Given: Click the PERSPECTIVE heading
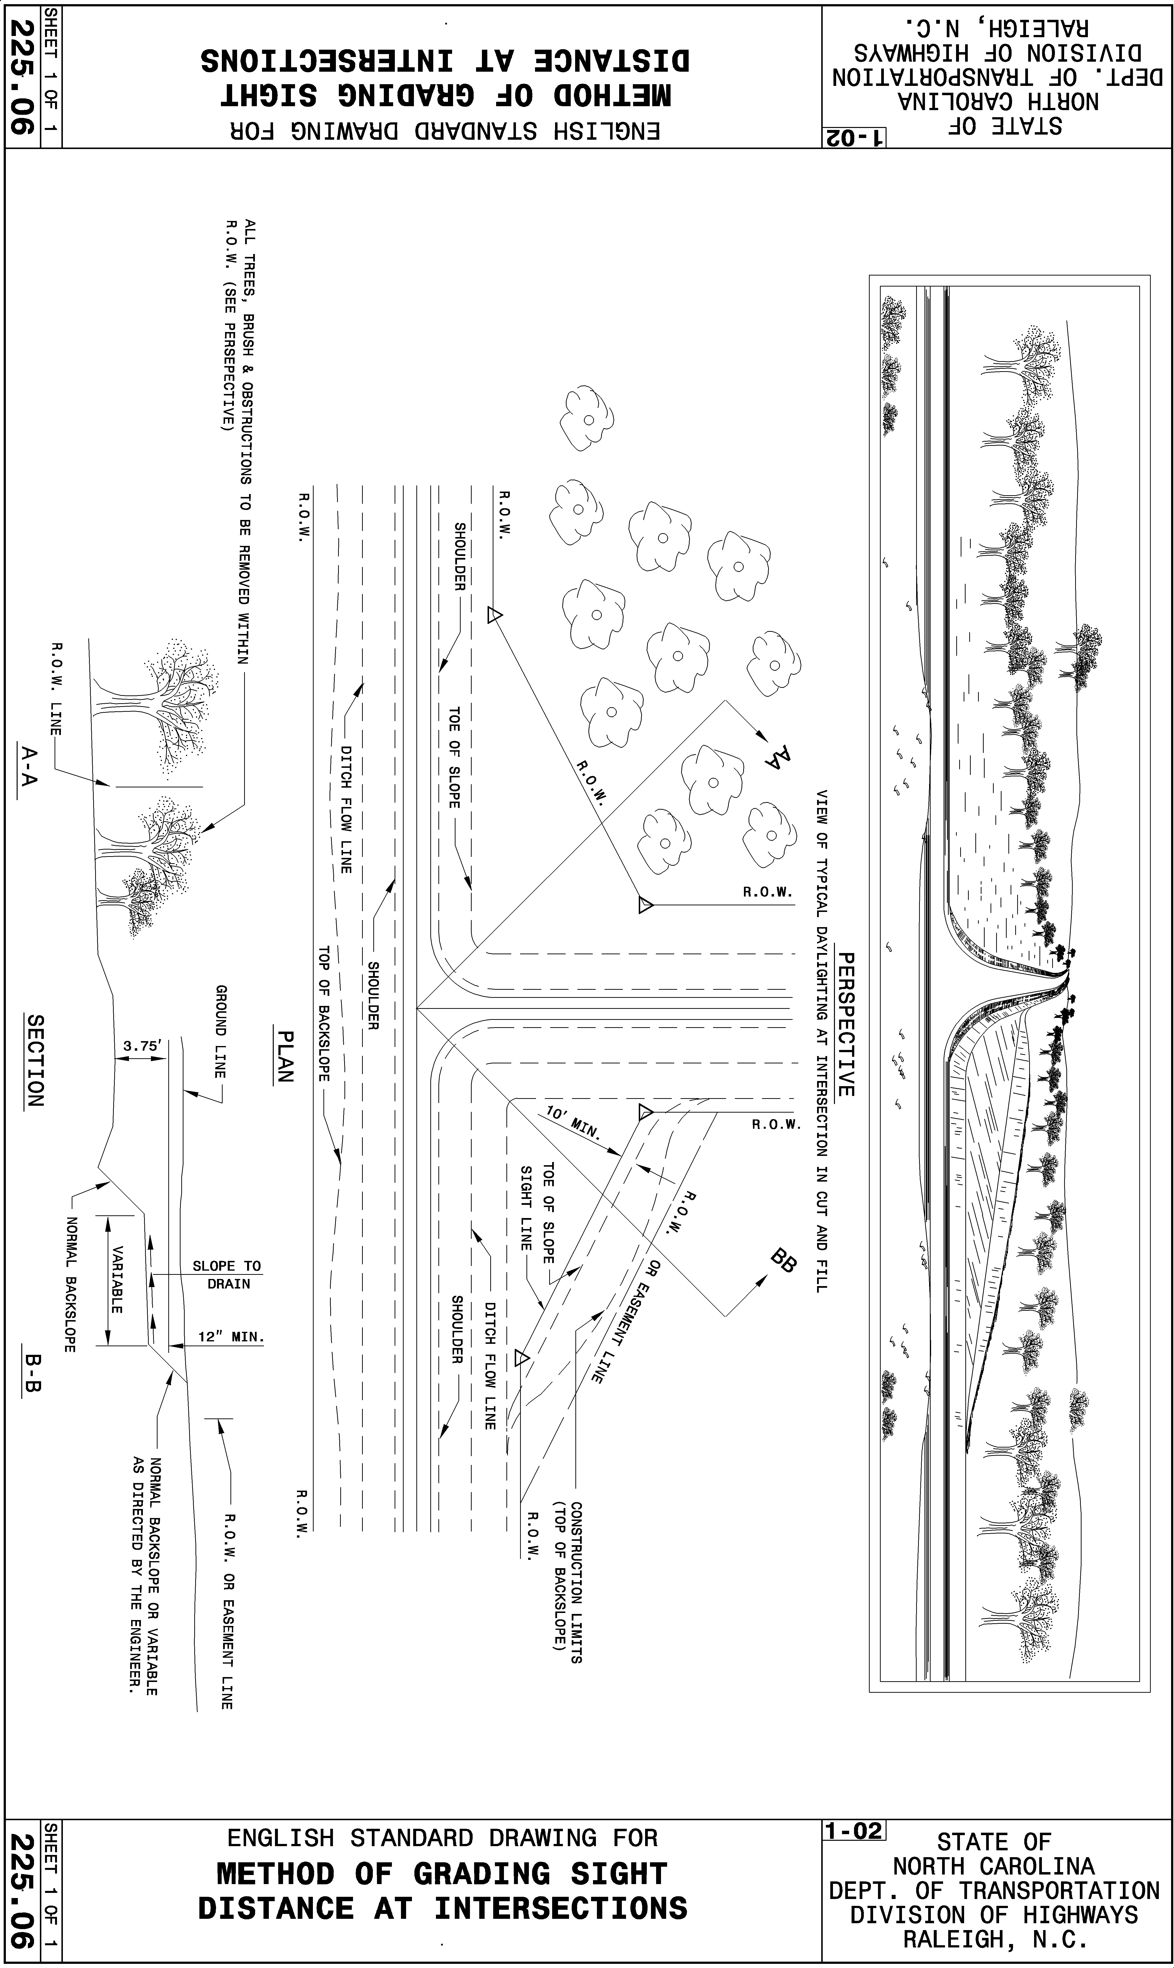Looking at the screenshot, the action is [845, 1025].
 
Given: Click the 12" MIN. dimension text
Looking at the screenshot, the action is [230, 1337].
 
